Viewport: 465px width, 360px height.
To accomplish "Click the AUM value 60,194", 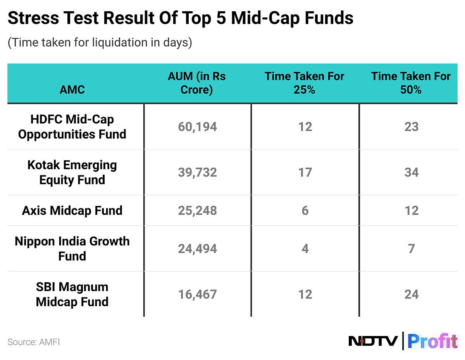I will [197, 127].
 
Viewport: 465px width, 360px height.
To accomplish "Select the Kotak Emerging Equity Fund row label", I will [72, 172].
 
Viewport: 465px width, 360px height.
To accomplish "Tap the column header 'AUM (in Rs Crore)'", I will [196, 83].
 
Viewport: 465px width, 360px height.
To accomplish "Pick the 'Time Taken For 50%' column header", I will [411, 83].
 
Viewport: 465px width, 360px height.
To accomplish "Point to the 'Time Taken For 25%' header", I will [304, 83].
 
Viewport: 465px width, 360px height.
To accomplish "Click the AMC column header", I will [72, 90].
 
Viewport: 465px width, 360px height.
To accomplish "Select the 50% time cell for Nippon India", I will [411, 249].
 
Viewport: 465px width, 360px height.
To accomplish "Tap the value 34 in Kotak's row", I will [411, 172].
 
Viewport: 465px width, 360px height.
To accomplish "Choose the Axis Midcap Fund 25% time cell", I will [305, 211].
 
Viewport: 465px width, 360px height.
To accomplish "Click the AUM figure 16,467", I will [197, 295].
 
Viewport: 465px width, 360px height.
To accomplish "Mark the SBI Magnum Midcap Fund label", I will [72, 295].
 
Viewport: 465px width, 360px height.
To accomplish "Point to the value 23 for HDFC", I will [411, 127].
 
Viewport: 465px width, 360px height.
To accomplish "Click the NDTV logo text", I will [373, 341].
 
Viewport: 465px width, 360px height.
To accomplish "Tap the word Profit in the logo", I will [432, 341].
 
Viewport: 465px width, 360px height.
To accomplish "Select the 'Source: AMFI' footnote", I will [34, 342].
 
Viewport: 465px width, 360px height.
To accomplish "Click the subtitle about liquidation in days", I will [100, 42].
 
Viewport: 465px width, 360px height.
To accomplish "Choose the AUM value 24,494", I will [197, 249].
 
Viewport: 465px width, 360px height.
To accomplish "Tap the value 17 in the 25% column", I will [305, 172].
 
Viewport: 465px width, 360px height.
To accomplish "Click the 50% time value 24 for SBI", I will [411, 295].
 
